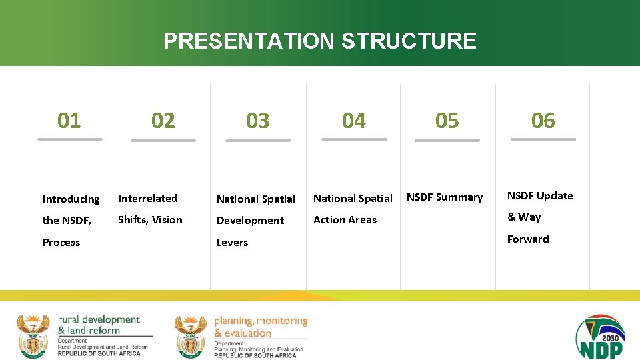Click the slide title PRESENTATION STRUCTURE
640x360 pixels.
pos(320,41)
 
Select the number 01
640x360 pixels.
pos(69,121)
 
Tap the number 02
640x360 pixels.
pos(163,121)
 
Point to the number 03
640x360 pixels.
pos(258,121)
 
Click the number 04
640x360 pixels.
pos(354,121)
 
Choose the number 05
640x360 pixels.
pos(447,121)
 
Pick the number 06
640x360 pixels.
pos(543,121)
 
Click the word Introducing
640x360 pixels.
pos(71,199)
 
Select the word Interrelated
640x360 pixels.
pos(148,198)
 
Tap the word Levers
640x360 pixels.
pos(232,243)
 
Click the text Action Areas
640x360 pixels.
pos(345,220)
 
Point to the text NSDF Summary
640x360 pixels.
pos(445,197)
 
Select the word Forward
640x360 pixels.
pos(528,239)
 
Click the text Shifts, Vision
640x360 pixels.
pos(150,220)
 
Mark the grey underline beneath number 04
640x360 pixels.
pos(354,139)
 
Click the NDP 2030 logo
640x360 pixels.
pos(600,337)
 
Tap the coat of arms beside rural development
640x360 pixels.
pos(33,335)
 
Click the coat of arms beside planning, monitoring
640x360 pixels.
pos(191,336)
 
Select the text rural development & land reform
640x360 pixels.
pos(99,325)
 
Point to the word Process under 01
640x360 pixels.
pos(61,243)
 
